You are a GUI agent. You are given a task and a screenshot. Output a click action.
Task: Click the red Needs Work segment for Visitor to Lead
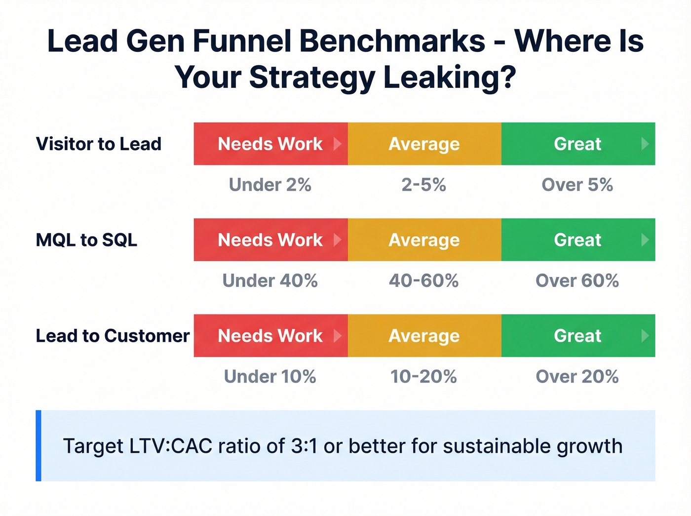(x=270, y=144)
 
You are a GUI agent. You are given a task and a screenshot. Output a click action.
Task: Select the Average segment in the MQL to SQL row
(x=424, y=239)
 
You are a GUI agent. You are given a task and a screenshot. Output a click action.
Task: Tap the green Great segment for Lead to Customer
(x=577, y=336)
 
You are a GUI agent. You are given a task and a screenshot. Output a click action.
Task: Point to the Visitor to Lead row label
(x=99, y=144)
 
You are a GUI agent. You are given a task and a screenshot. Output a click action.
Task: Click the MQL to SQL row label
(x=86, y=240)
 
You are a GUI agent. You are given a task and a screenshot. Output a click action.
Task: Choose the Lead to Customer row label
(x=113, y=336)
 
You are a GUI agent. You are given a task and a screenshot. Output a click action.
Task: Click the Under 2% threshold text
(x=270, y=185)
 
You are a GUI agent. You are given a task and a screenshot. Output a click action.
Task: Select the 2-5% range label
(x=423, y=185)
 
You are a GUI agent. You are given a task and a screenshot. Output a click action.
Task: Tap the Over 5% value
(x=577, y=185)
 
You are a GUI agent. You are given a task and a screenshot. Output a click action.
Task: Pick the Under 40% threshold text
(x=270, y=280)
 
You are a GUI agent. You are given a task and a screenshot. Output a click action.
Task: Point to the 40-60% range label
(x=423, y=280)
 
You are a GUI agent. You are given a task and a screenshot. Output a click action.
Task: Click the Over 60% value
(x=577, y=280)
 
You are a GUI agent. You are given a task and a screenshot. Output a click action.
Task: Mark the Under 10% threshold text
(x=270, y=376)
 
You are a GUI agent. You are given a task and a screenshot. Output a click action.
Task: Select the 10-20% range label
(x=423, y=376)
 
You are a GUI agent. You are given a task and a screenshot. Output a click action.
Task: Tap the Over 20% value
(x=577, y=376)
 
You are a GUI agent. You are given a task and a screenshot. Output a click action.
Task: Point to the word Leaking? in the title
(x=449, y=78)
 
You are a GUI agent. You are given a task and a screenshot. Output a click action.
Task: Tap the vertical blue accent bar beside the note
(x=38, y=445)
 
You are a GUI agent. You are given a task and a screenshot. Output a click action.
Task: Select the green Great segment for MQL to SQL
(x=577, y=239)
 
